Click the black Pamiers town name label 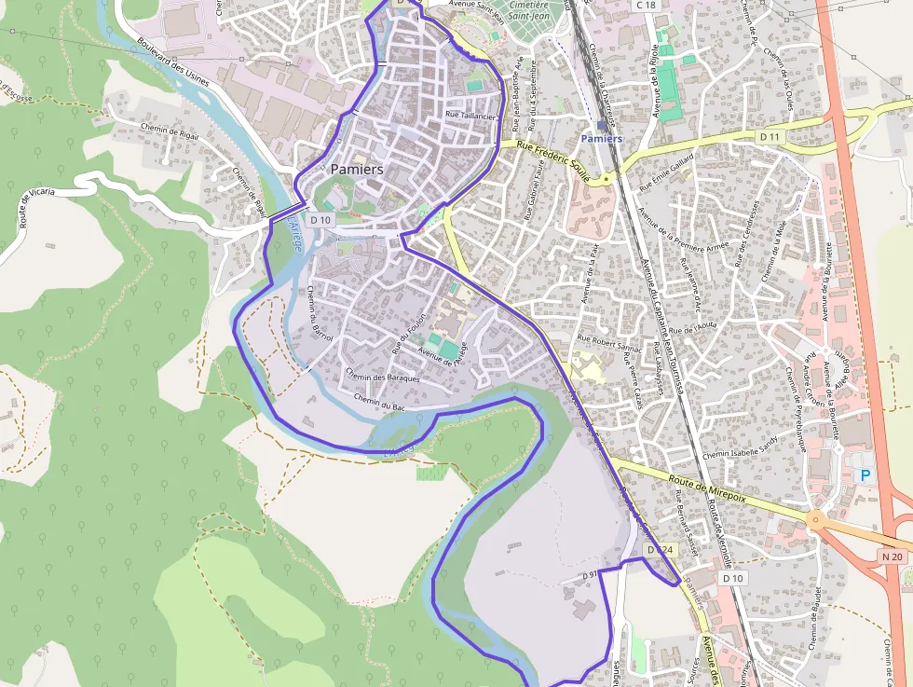click(x=357, y=170)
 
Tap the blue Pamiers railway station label click(x=601, y=139)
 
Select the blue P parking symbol click(x=865, y=475)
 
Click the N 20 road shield click(x=892, y=556)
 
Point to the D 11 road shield click(x=769, y=137)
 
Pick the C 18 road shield click(x=646, y=6)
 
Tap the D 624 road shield click(x=660, y=551)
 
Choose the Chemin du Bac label click(x=379, y=402)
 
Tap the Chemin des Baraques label click(x=382, y=376)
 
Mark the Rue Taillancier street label click(x=470, y=116)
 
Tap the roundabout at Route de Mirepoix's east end click(x=817, y=519)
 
